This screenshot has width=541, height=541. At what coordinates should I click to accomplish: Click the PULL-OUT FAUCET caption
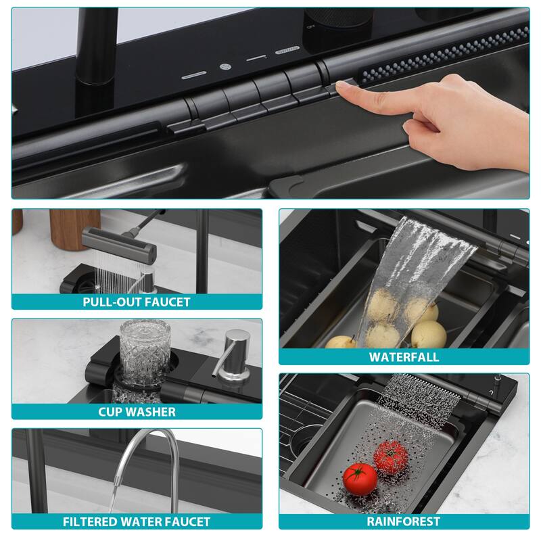(x=137, y=302)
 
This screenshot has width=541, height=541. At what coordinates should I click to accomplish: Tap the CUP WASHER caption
(x=137, y=411)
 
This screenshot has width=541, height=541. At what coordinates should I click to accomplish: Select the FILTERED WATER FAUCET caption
(x=137, y=521)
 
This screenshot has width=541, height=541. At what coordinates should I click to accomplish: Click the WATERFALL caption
(x=404, y=356)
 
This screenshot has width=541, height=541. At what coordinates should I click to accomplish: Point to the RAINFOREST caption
(x=404, y=521)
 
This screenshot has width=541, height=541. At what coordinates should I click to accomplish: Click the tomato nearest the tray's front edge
(x=360, y=478)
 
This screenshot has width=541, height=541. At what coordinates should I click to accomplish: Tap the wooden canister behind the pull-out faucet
(x=74, y=227)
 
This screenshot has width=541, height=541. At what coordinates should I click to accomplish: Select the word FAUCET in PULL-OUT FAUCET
(x=165, y=302)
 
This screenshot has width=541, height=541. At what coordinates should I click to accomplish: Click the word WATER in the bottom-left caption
(x=136, y=521)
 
